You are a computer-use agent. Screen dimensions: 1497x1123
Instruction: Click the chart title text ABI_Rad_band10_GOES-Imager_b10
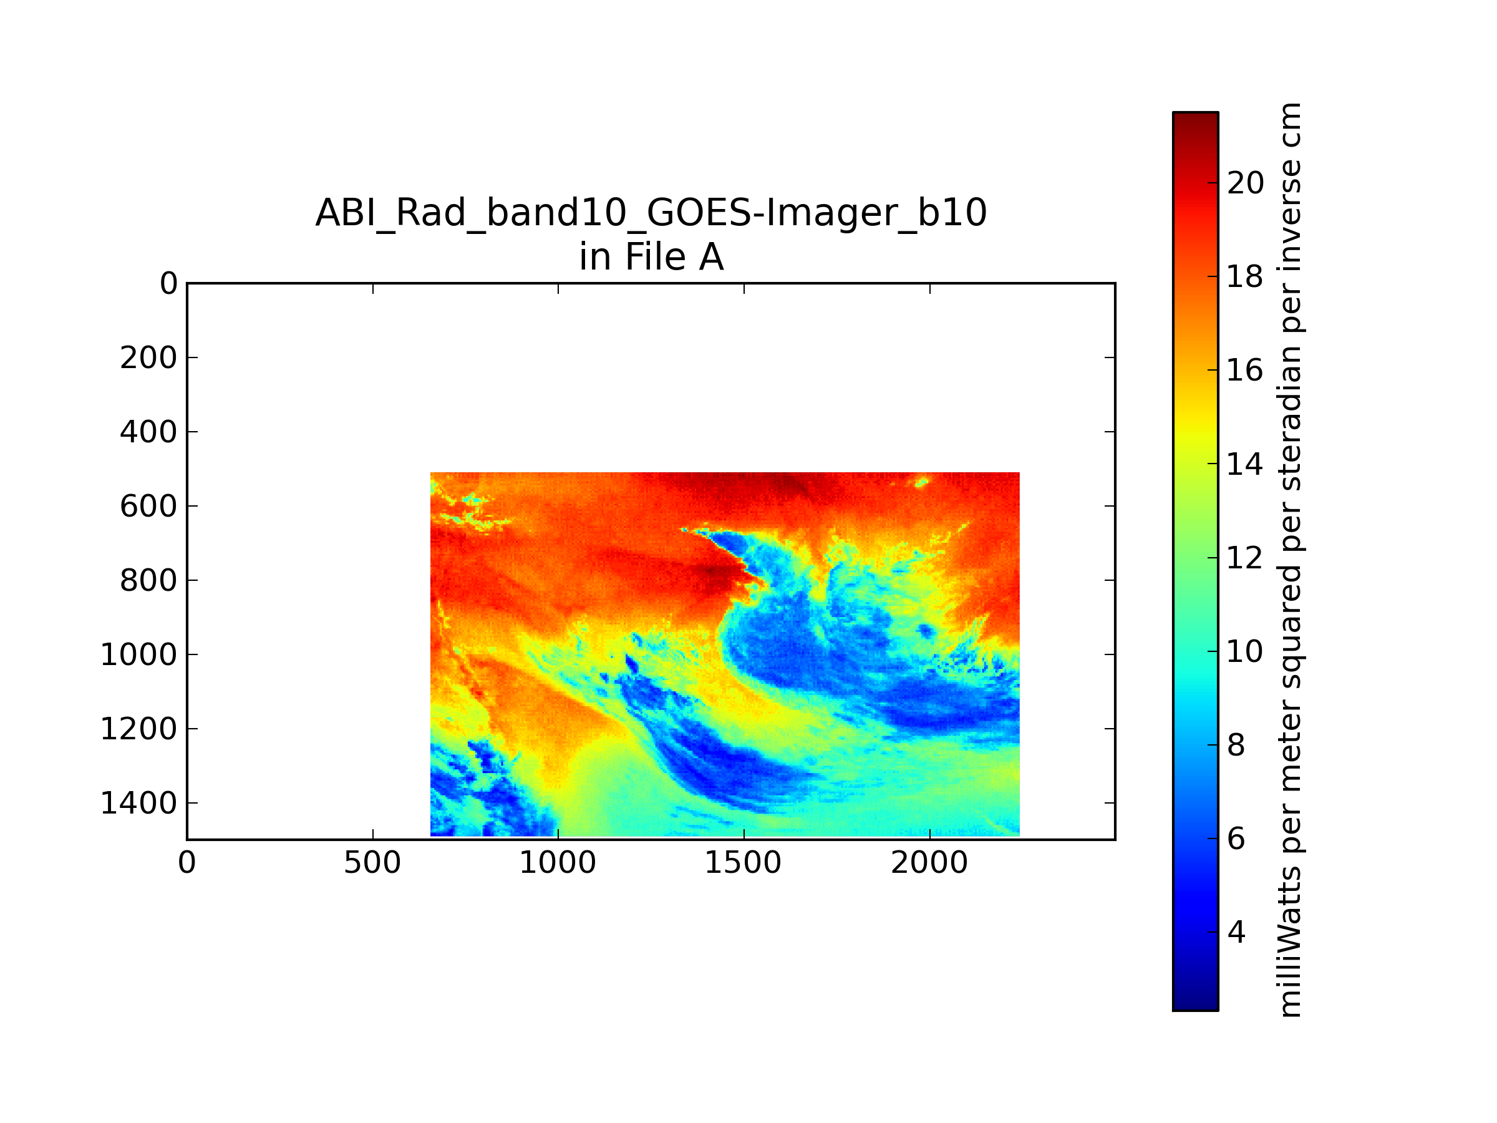[x=651, y=213]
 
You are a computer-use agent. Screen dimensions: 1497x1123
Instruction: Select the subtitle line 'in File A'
[x=651, y=257]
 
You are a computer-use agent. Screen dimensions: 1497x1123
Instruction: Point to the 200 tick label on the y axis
[x=148, y=358]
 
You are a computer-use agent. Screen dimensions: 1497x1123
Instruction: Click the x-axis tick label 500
[x=372, y=863]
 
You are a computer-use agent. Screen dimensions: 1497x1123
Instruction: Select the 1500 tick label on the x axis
[x=743, y=863]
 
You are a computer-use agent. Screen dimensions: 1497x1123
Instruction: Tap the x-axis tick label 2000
[x=929, y=863]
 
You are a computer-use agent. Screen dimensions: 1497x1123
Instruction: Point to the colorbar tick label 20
[x=1245, y=183]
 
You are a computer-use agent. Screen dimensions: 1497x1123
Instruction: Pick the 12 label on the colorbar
[x=1245, y=558]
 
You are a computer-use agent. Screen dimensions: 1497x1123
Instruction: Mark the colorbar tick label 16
[x=1245, y=370]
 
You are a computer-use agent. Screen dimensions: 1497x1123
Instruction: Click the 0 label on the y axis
[x=168, y=284]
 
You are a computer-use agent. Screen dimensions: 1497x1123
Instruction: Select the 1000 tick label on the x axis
[x=558, y=863]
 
